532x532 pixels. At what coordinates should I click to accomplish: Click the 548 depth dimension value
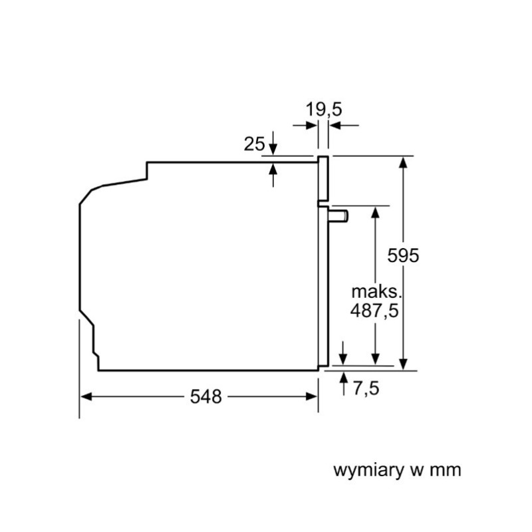205,396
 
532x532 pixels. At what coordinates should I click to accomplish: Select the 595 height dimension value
403,255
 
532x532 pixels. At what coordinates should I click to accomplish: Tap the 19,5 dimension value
324,109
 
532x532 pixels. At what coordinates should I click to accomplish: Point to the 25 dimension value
254,144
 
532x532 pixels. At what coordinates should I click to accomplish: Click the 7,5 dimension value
366,388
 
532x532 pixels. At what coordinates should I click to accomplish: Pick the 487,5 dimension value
374,310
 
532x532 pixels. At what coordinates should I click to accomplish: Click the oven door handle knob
338,217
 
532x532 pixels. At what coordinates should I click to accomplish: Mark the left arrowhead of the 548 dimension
86,396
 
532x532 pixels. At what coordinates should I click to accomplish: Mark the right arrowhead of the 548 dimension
311,396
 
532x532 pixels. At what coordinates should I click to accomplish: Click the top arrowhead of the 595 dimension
403,162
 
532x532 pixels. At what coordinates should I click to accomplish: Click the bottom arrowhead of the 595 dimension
403,364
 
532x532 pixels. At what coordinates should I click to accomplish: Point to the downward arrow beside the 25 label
273,143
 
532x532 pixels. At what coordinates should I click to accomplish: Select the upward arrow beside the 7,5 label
344,384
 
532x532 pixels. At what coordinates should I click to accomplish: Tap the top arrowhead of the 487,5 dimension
375,212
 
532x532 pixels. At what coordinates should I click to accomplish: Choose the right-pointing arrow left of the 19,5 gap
305,126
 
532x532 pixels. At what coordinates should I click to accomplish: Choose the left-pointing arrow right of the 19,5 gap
344,126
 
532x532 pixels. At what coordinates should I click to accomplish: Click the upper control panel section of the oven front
323,178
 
